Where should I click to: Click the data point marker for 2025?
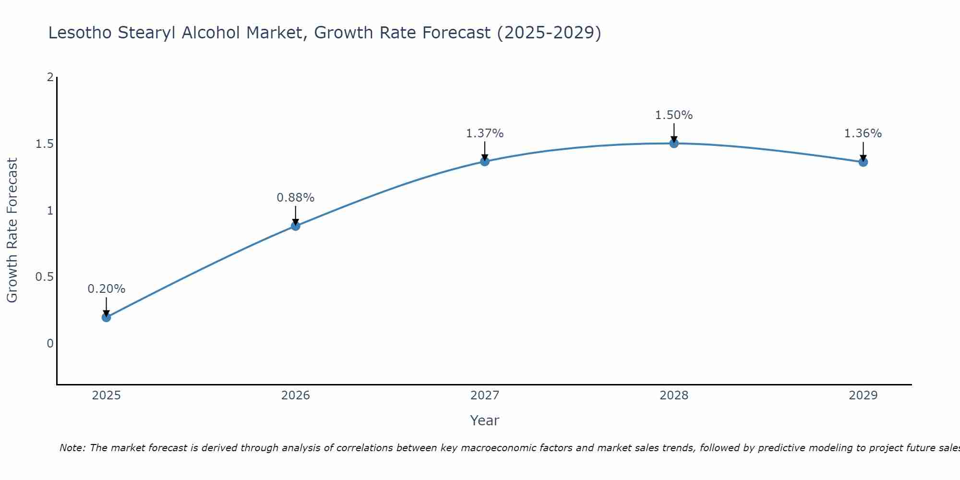pos(107,317)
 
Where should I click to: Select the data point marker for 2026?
pos(296,226)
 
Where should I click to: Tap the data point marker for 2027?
pos(485,161)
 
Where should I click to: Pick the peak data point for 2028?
pos(674,143)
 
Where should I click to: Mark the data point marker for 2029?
pos(863,162)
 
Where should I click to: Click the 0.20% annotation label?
pos(107,289)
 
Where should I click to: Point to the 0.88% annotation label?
pos(296,198)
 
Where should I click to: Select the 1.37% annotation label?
pos(485,133)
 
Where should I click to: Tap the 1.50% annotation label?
pos(674,115)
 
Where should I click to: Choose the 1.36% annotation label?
pos(863,133)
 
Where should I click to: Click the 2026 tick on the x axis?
pos(296,396)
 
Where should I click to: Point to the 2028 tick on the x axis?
pos(674,396)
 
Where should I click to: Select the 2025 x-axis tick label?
pos(107,396)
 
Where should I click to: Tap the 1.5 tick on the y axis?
pos(44,144)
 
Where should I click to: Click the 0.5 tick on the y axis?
pos(44,277)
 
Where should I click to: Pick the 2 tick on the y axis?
pos(50,77)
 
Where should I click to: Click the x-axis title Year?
pos(485,420)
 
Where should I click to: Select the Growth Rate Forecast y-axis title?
pos(12,230)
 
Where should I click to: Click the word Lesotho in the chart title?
pos(80,33)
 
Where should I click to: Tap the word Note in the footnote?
pos(72,448)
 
